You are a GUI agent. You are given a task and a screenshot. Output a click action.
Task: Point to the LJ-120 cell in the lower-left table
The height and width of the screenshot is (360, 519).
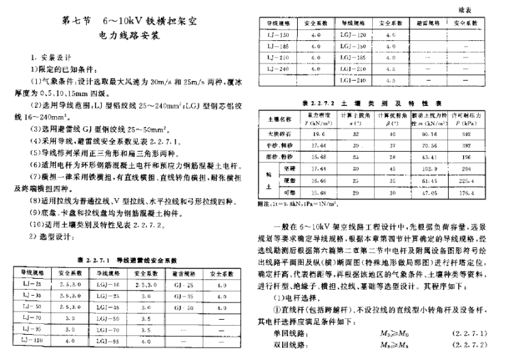click(x=27, y=340)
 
